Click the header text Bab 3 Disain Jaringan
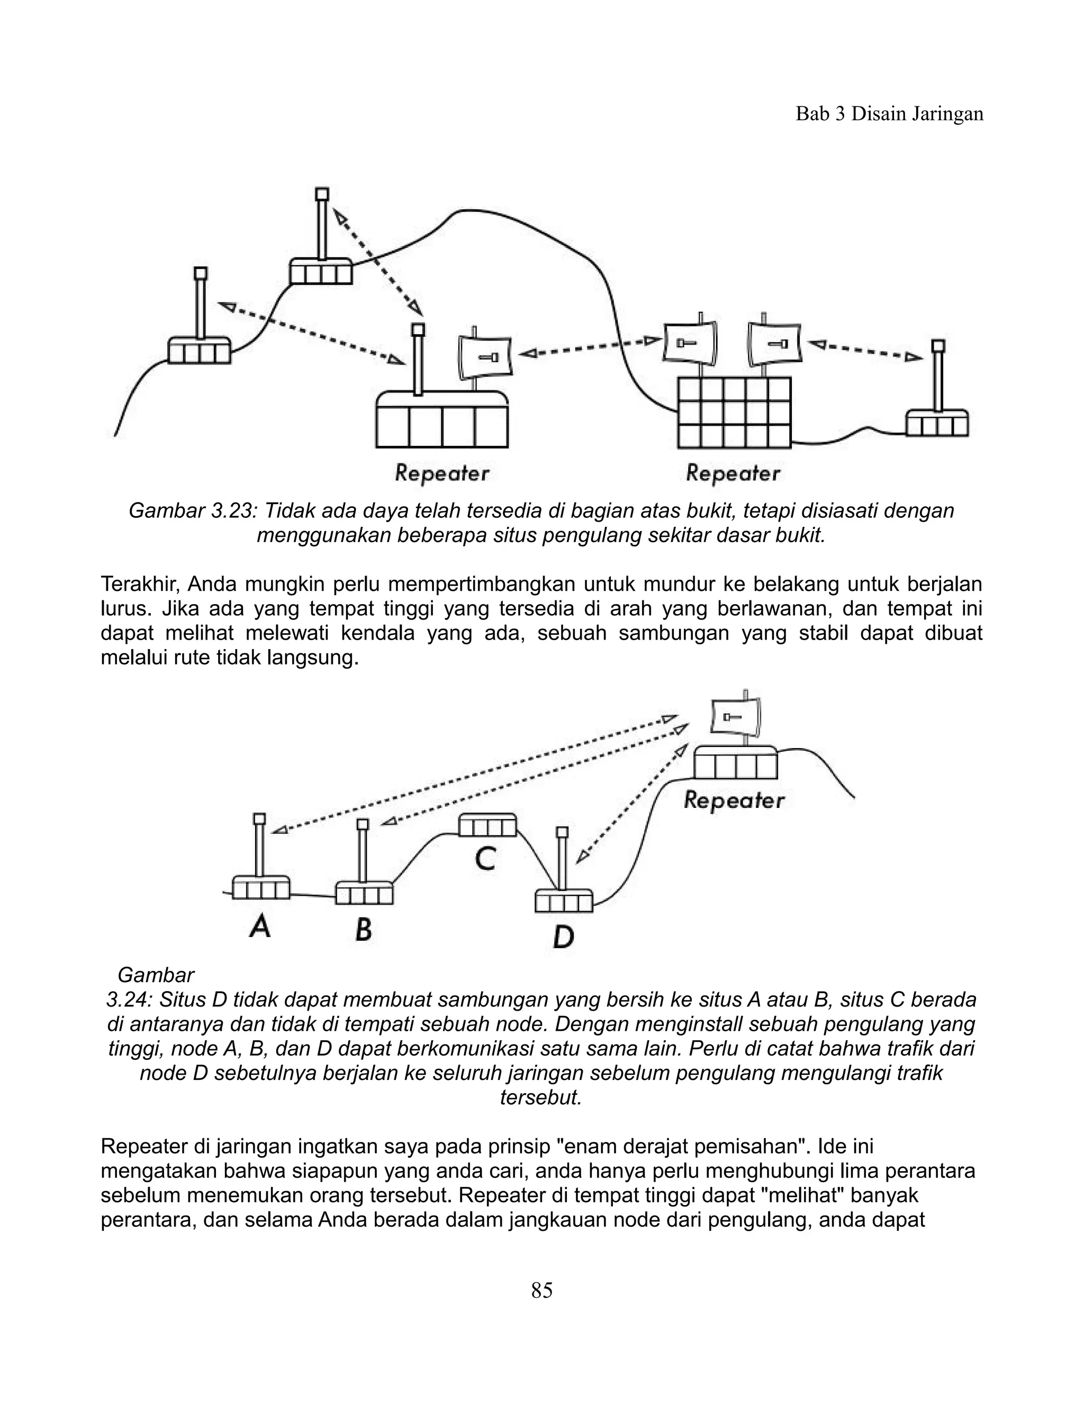pyautogui.click(x=889, y=114)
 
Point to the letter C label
pyautogui.click(x=485, y=859)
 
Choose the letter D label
pyautogui.click(x=563, y=937)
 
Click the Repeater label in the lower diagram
pyautogui.click(x=734, y=801)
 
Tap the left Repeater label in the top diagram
pyautogui.click(x=442, y=474)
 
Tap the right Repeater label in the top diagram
pyautogui.click(x=733, y=474)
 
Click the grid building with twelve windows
pyautogui.click(x=735, y=412)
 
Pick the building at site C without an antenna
pyautogui.click(x=488, y=824)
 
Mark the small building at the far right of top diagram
pyautogui.click(x=937, y=424)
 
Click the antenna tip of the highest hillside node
pyautogui.click(x=322, y=193)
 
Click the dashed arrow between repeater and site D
pyautogui.click(x=632, y=804)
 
